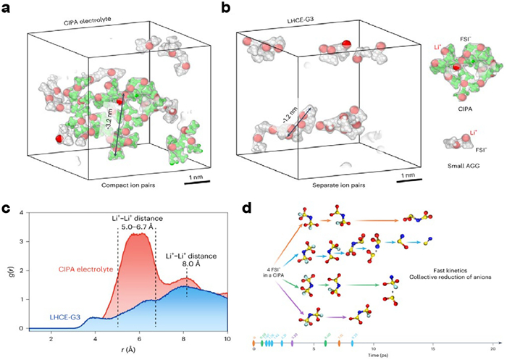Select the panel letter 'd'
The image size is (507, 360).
248,209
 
